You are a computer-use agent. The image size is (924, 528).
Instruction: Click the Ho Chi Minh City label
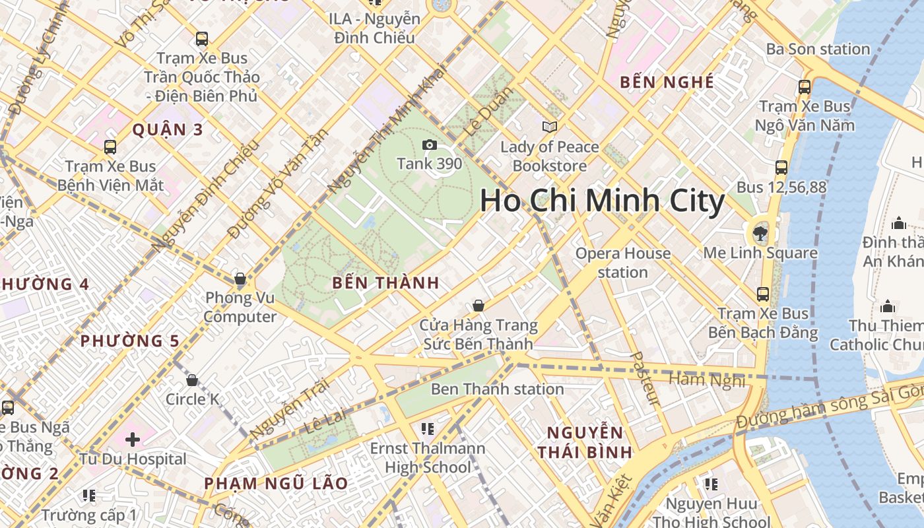[x=602, y=201]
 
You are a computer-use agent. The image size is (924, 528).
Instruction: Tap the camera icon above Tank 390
[x=430, y=145]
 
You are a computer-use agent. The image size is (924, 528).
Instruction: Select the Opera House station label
[x=622, y=263]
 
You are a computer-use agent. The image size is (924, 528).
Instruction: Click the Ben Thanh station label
[x=497, y=389]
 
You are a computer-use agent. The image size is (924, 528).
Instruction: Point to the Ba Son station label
[x=818, y=49]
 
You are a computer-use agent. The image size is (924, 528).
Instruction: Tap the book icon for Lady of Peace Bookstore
[x=549, y=127]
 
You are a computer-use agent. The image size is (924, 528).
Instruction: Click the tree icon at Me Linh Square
[x=760, y=232]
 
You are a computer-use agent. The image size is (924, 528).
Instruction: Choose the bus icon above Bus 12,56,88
[x=781, y=168]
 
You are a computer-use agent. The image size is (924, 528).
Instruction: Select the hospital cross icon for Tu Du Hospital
[x=133, y=439]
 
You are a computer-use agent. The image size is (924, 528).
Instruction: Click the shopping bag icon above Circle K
[x=192, y=380]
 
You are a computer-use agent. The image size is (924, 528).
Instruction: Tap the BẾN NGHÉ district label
[x=667, y=82]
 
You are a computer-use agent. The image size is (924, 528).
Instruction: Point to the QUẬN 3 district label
[x=168, y=129]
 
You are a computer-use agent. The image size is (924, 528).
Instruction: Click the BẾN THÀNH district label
[x=385, y=283]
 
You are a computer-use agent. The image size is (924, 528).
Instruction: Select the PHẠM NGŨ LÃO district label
[x=276, y=483]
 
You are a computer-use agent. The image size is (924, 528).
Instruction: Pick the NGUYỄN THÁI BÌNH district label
[x=585, y=442]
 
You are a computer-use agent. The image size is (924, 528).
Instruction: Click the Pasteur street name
[x=645, y=379]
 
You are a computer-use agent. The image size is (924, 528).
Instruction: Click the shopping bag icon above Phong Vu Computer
[x=240, y=279]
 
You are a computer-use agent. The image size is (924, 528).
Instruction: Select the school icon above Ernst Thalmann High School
[x=427, y=429]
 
